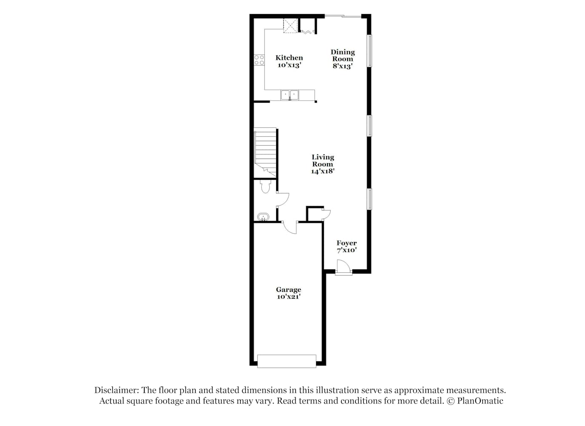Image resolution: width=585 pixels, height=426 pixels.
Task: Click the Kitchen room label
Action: pyautogui.click(x=289, y=58)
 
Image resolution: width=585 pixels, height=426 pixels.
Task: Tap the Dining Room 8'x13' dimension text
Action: pyautogui.click(x=342, y=66)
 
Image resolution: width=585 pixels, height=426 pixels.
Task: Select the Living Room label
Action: pyautogui.click(x=323, y=161)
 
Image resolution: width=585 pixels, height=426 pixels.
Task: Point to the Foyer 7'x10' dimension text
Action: pyautogui.click(x=347, y=250)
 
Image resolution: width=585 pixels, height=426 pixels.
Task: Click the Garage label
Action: pyautogui.click(x=288, y=290)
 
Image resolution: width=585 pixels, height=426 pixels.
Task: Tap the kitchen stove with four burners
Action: pyautogui.click(x=259, y=60)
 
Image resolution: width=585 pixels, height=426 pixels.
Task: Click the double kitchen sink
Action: pyautogui.click(x=290, y=95)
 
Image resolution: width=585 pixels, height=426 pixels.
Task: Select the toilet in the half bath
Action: pyautogui.click(x=265, y=186)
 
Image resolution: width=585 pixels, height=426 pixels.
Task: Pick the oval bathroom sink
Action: pyautogui.click(x=263, y=217)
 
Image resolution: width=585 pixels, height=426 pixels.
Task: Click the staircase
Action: pyautogui.click(x=265, y=153)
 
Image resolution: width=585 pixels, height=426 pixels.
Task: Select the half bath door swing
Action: pyautogui.click(x=283, y=199)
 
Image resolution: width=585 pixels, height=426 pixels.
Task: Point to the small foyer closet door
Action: pyautogui.click(x=326, y=214)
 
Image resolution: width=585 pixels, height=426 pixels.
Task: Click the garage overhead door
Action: pyautogui.click(x=287, y=361)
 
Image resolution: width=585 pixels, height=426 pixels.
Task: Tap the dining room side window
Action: pyautogui.click(x=369, y=51)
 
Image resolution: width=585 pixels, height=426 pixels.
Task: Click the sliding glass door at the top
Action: pyautogui.click(x=343, y=16)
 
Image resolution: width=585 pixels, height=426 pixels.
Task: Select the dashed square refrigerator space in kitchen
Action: pyautogui.click(x=291, y=26)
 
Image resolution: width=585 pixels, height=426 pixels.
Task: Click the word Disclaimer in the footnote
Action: pyautogui.click(x=116, y=390)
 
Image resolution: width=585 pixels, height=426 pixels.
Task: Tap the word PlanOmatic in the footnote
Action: pyautogui.click(x=480, y=401)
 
